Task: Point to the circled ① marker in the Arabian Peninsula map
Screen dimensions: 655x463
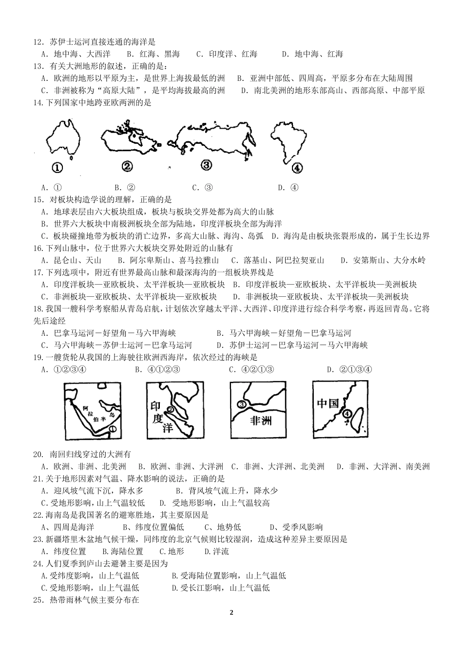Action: pyautogui.click(x=113, y=429)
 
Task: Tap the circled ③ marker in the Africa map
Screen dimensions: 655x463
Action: pyautogui.click(x=241, y=404)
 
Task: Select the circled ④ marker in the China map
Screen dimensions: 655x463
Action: pyautogui.click(x=347, y=414)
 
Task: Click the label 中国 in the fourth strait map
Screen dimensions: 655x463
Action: pyautogui.click(x=328, y=404)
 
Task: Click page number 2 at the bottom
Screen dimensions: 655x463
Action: pyautogui.click(x=231, y=613)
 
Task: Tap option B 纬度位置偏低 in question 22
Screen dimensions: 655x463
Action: pyautogui.click(x=154, y=527)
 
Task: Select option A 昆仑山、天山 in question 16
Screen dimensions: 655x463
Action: pyautogui.click(x=71, y=260)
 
